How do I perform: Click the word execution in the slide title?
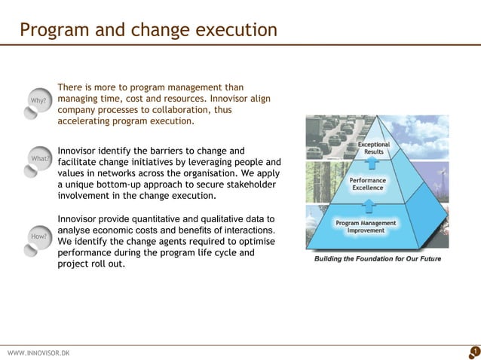coord(236,31)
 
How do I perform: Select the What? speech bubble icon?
coord(37,160)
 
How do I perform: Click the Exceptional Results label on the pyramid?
coord(374,148)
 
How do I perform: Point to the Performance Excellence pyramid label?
coord(368,184)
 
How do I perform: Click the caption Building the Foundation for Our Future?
coord(377,259)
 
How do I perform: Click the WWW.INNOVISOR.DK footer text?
coord(38,352)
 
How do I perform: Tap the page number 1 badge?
coord(474,351)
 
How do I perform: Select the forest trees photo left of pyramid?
coord(317,182)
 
